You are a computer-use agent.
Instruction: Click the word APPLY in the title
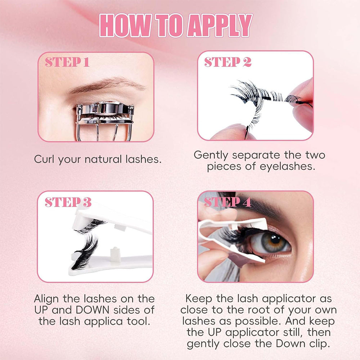click(220, 25)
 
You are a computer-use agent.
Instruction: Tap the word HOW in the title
click(125, 25)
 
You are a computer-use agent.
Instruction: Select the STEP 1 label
click(67, 62)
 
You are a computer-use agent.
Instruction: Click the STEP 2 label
click(228, 62)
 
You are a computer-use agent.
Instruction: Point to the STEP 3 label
click(68, 202)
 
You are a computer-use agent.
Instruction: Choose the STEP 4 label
click(228, 202)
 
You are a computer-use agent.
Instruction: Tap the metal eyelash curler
click(105, 121)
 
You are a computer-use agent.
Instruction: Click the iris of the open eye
click(271, 242)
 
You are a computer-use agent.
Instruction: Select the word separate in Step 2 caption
click(256, 155)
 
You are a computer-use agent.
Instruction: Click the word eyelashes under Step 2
click(287, 166)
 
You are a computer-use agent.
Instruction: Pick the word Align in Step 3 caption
click(46, 299)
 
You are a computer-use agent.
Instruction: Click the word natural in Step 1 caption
click(103, 159)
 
